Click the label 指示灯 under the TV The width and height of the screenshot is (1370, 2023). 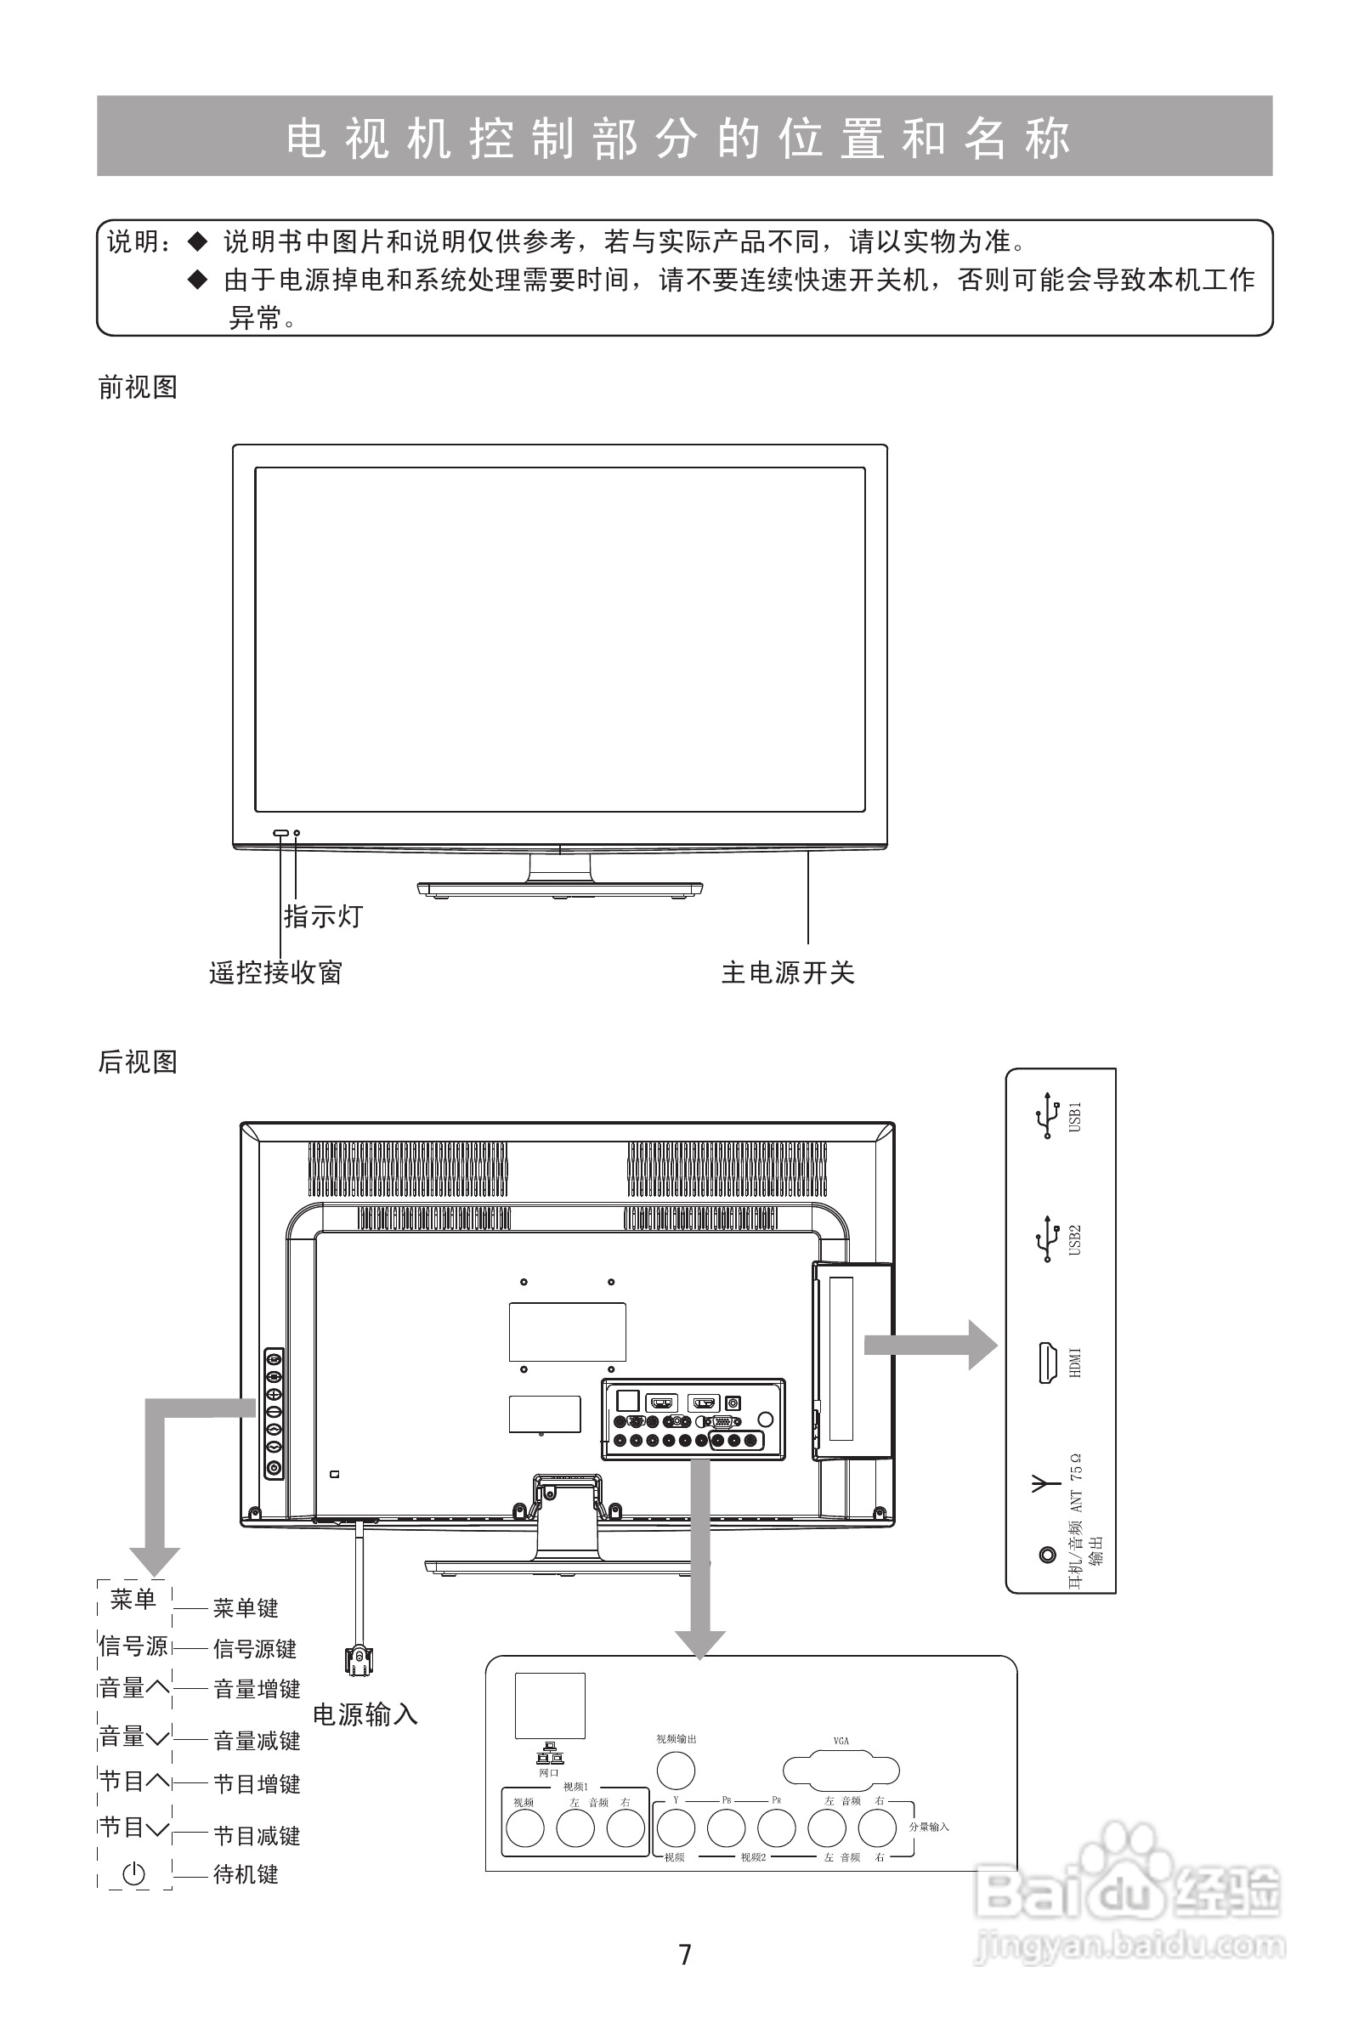[323, 915]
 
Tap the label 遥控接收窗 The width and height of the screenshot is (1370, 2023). [276, 972]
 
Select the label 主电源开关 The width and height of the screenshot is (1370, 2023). [788, 972]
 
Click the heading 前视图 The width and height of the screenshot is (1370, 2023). [138, 388]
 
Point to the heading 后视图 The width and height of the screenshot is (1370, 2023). [138, 1062]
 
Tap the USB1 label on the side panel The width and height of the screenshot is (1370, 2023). [1075, 1117]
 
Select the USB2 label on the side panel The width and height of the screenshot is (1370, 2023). [1075, 1239]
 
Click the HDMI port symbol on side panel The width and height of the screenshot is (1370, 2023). [1045, 1363]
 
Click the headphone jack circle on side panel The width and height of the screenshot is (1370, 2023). [1047, 1555]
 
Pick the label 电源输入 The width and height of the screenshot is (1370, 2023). [365, 1714]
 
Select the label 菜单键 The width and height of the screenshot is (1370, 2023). [246, 1608]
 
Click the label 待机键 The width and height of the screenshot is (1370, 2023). [246, 1874]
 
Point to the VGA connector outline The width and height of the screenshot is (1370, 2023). [841, 1771]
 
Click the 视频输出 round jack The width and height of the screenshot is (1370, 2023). [676, 1770]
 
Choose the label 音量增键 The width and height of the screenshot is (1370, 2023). [257, 1689]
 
